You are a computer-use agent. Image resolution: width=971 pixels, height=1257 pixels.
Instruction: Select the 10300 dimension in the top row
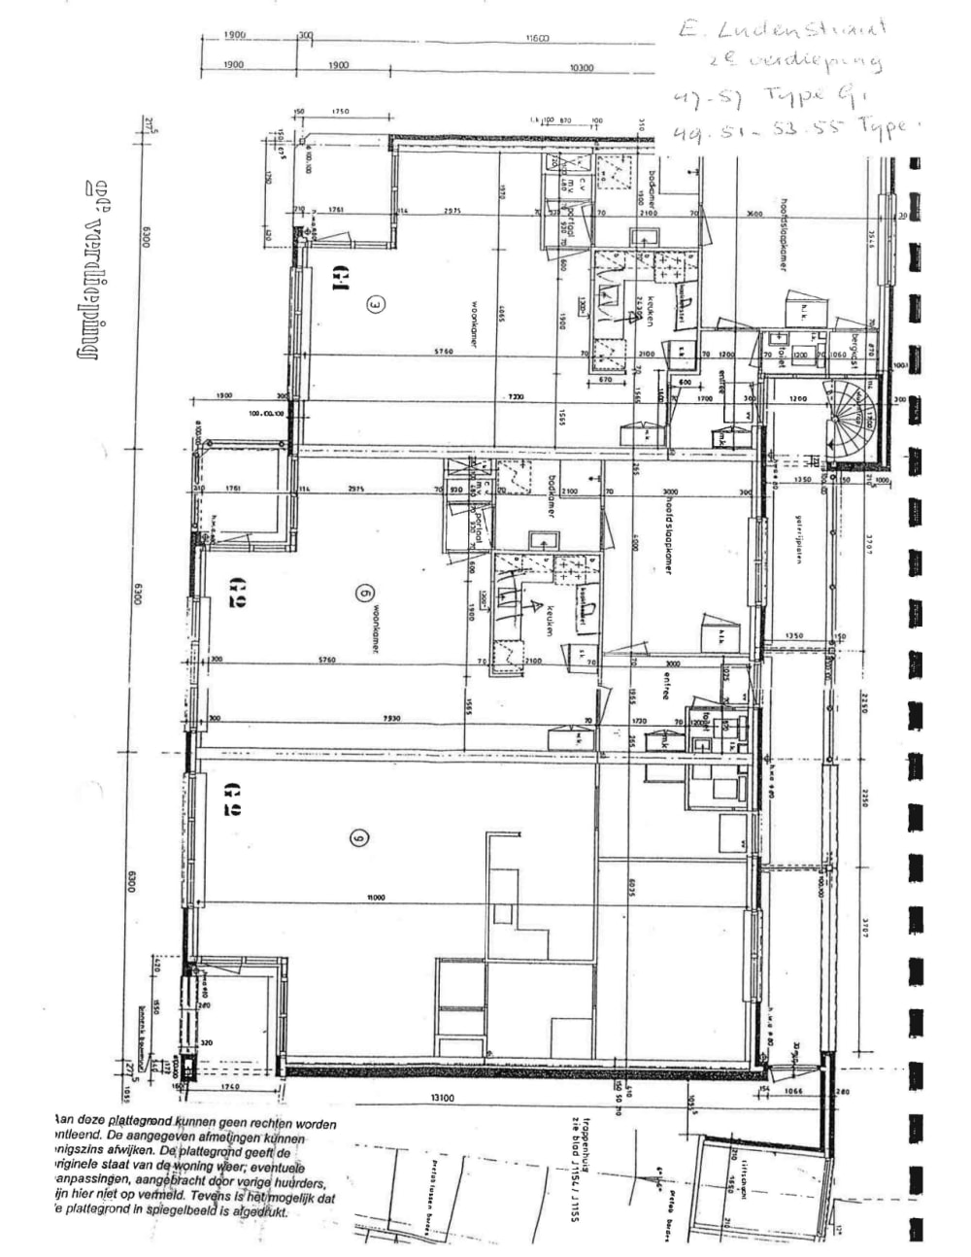pos(582,67)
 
